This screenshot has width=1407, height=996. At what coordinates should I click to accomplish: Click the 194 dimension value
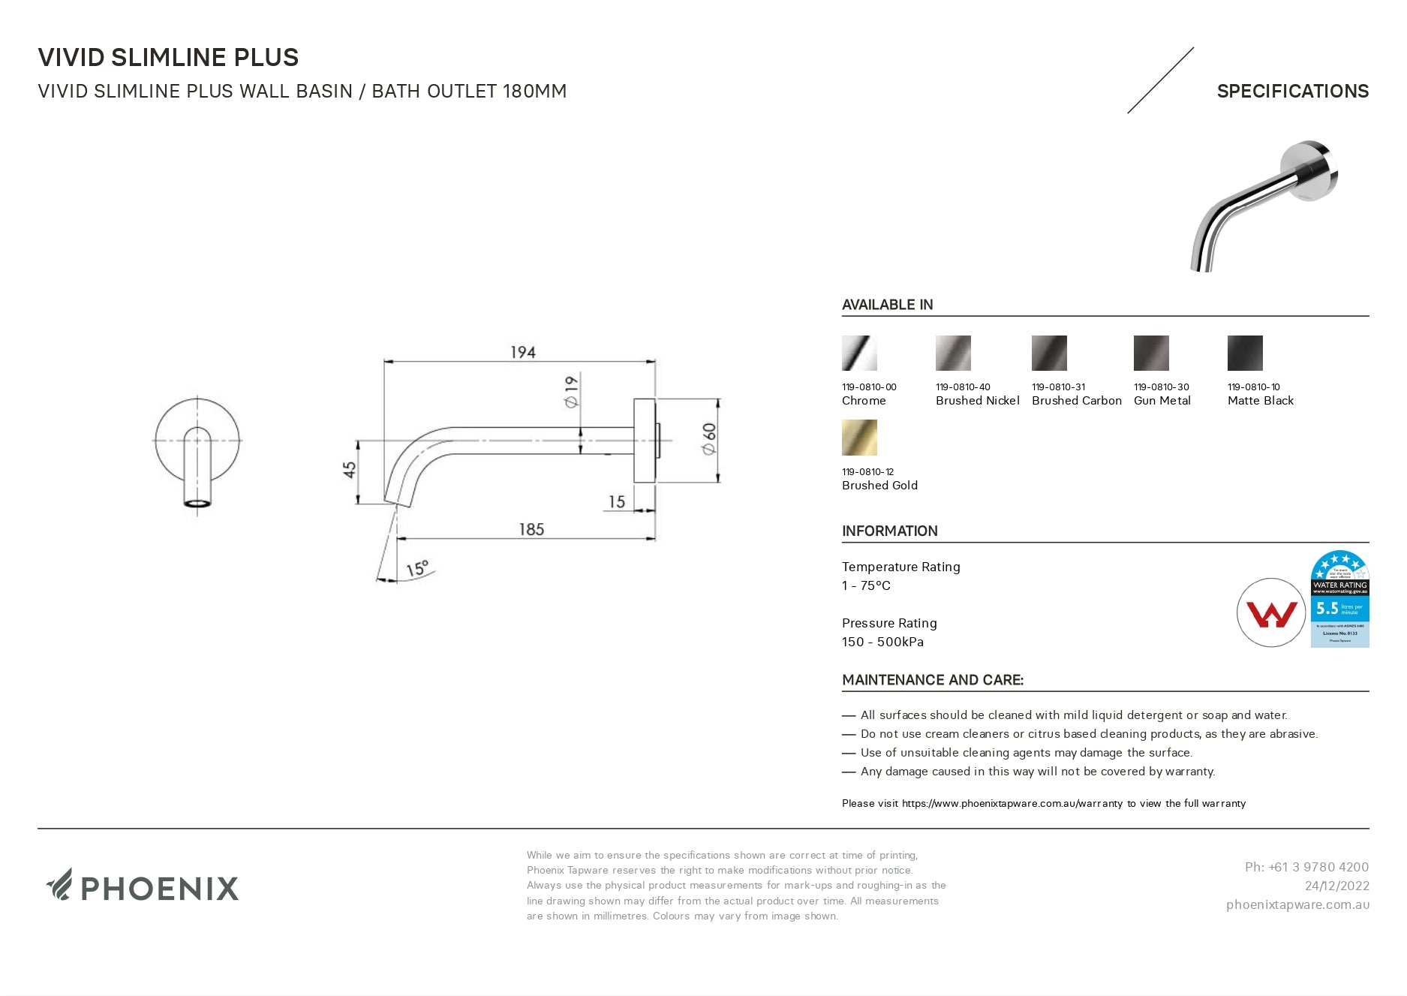(x=522, y=352)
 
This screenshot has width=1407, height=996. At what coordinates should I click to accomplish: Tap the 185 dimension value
(x=531, y=529)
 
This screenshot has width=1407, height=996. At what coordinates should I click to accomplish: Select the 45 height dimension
(x=350, y=470)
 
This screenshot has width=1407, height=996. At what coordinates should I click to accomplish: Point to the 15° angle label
(x=417, y=568)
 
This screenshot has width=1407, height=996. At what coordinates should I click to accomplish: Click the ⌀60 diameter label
(x=709, y=438)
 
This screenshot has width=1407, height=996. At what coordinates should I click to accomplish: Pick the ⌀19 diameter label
(x=572, y=392)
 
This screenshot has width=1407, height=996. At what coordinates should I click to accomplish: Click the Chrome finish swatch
(x=859, y=353)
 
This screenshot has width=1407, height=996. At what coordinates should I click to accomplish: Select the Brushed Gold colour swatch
(x=859, y=438)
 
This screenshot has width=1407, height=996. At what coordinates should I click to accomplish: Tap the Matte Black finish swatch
(x=1245, y=353)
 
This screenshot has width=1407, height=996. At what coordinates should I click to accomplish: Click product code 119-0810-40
(x=963, y=387)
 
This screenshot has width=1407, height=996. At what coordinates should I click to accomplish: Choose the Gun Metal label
(x=1162, y=401)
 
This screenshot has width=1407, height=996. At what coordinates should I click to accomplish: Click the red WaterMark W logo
(x=1271, y=613)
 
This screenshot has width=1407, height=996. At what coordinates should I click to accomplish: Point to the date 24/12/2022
(x=1336, y=886)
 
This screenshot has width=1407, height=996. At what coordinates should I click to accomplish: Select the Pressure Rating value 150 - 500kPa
(x=882, y=642)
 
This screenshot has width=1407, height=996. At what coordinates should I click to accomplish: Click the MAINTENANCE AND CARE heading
(x=932, y=680)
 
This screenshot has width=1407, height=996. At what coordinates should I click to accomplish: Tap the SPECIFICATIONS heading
(x=1292, y=92)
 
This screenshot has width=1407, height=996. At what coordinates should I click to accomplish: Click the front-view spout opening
(x=197, y=503)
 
